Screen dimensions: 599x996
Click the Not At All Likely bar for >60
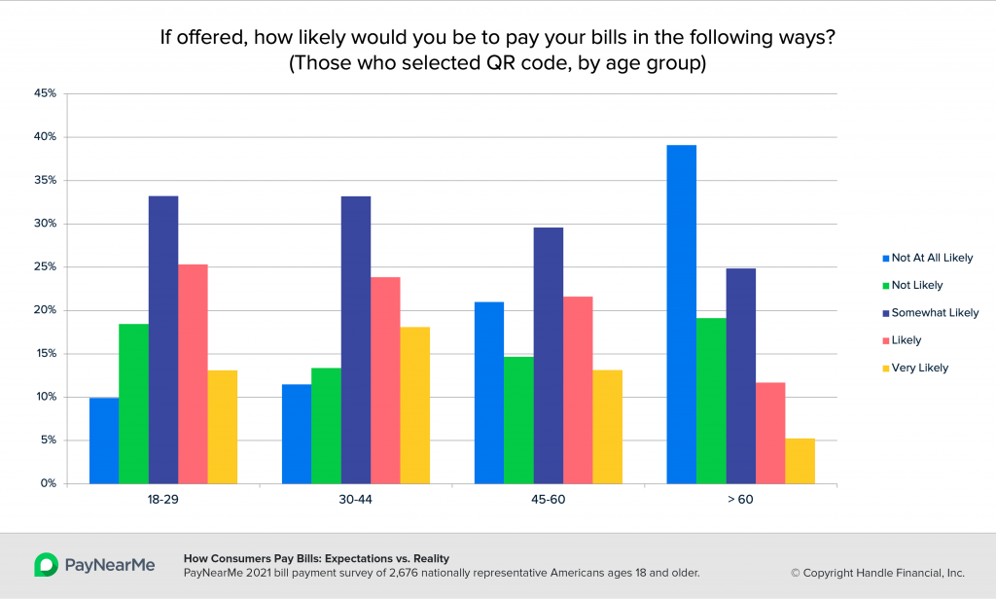click(681, 314)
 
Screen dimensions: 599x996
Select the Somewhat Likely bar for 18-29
click(163, 339)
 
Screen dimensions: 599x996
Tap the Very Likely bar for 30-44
click(414, 405)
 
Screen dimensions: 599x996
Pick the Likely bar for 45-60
click(578, 390)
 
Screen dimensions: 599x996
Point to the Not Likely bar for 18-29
click(133, 404)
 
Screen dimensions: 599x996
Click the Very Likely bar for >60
click(800, 461)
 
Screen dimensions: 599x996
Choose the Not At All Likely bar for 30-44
click(297, 434)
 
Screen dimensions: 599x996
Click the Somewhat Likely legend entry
click(930, 313)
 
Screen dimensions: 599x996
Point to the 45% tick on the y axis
click(46, 94)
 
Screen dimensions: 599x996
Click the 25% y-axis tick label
click(46, 267)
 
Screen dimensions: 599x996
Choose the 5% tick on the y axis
click(49, 440)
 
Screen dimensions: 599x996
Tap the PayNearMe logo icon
click(45, 565)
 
